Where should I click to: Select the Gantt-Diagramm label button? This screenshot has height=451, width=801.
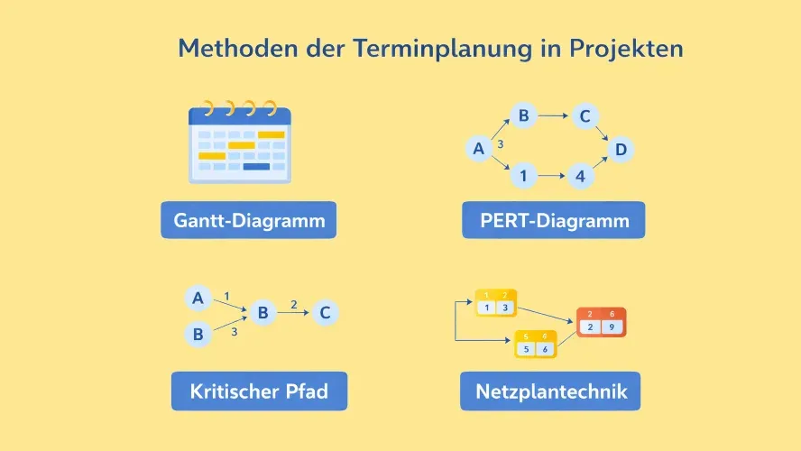click(248, 220)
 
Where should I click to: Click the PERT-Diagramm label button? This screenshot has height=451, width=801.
click(553, 220)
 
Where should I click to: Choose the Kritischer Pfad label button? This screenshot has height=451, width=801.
click(259, 391)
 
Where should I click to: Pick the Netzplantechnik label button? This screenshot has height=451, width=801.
click(550, 391)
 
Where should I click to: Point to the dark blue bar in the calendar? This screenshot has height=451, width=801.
click(256, 166)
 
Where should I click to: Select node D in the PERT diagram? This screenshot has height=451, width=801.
click(620, 149)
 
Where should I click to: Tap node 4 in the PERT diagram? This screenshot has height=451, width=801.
click(580, 176)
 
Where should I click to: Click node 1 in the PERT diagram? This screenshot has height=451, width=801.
click(522, 176)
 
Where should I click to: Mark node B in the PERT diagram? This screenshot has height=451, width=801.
click(522, 115)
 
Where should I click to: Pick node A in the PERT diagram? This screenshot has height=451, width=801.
click(479, 149)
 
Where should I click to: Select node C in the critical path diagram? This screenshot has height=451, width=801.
click(326, 313)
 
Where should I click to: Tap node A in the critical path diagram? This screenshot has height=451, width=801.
click(198, 298)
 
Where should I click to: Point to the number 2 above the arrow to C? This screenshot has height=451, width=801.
click(293, 304)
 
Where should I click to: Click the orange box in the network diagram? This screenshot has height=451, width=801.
click(601, 322)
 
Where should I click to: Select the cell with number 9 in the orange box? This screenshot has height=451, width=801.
click(612, 327)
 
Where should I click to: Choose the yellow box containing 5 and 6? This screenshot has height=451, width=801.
click(534, 345)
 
